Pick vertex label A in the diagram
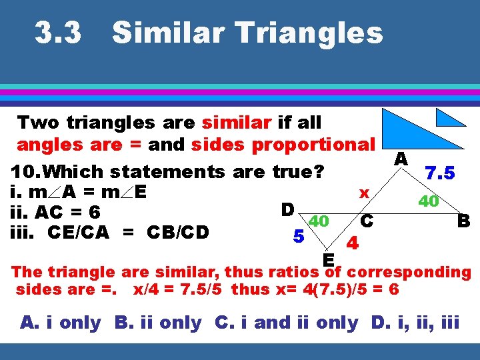pyautogui.click(x=401, y=159)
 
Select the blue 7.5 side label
pyautogui.click(x=441, y=173)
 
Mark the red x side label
pyautogui.click(x=364, y=193)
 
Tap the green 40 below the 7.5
pyautogui.click(x=427, y=201)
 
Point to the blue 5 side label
pyautogui.click(x=299, y=236)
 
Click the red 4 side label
pyautogui.click(x=353, y=244)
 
